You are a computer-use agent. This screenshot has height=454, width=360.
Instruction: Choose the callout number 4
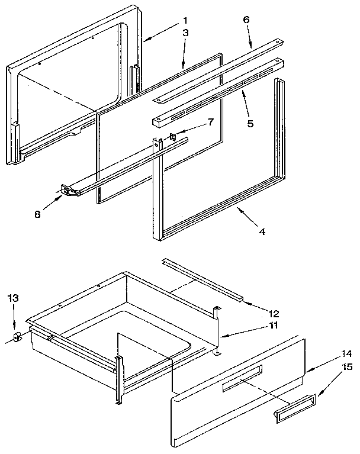(x=262, y=231)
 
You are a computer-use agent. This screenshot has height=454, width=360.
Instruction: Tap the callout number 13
(x=14, y=300)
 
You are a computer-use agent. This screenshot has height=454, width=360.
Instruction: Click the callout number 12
(x=274, y=313)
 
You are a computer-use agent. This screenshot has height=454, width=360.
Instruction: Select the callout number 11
(x=274, y=326)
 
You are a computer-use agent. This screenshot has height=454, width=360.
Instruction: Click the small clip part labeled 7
(x=173, y=137)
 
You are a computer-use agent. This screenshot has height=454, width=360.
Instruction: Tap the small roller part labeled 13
(x=17, y=337)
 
